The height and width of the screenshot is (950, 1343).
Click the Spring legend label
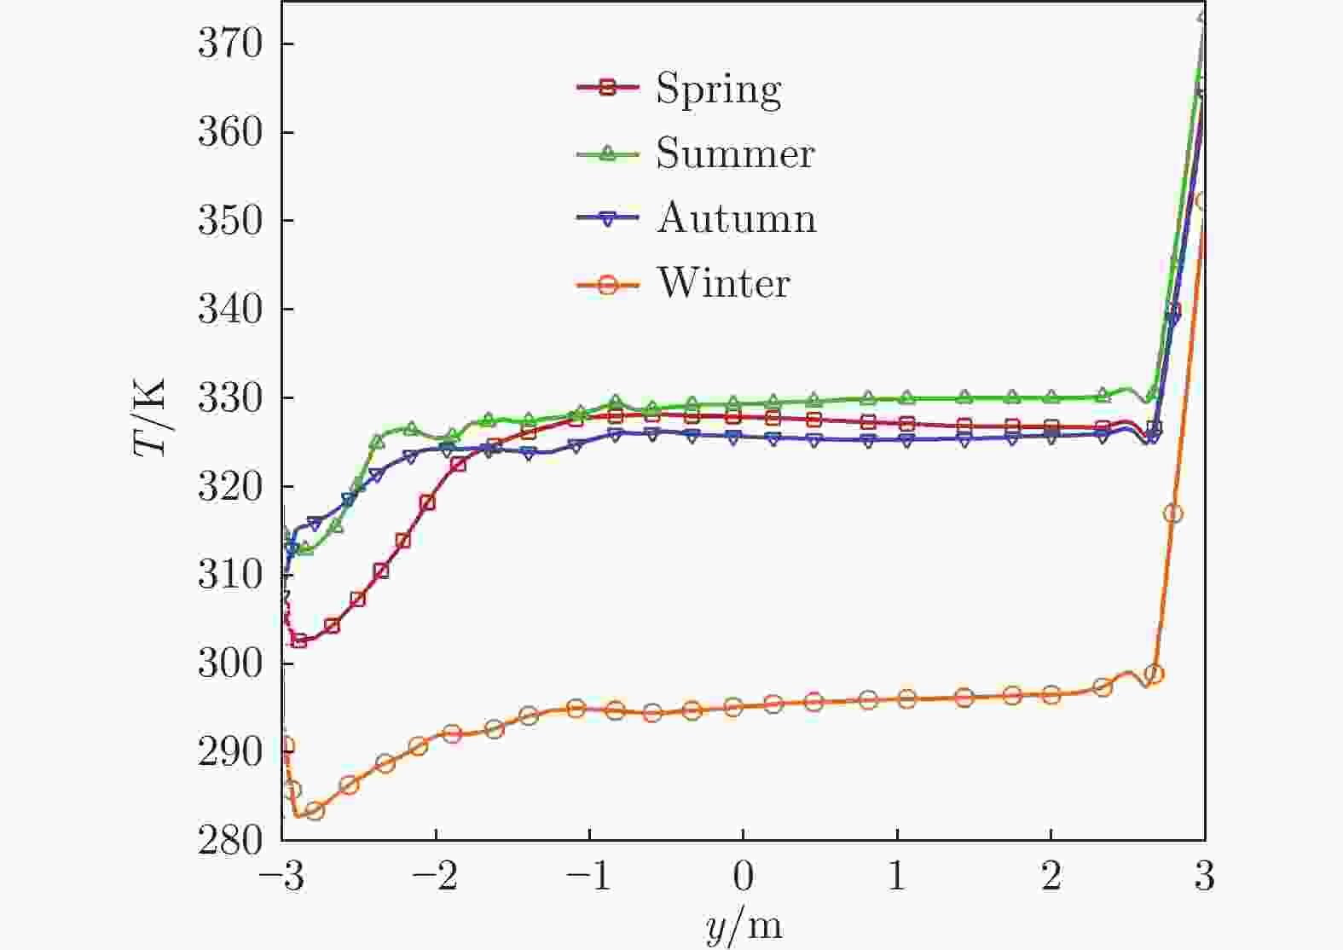coord(718,89)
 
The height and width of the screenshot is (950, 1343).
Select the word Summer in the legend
coord(735,154)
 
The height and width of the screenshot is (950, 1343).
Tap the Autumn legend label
coord(736,218)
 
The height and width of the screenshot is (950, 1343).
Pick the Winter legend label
coord(723,283)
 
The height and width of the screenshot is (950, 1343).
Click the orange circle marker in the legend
coord(607,284)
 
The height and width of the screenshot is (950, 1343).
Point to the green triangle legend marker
coord(607,154)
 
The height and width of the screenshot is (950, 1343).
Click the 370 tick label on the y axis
coord(229,44)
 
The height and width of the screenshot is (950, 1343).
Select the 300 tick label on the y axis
coord(229,663)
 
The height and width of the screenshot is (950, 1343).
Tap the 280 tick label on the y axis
coord(229,841)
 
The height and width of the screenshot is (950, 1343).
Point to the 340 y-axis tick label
coord(229,310)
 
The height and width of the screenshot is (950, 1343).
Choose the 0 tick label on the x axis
coord(743,876)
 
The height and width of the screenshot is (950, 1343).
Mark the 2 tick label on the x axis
coord(1051,876)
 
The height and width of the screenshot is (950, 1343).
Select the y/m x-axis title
coord(744,926)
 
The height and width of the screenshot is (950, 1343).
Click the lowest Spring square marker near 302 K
coord(299,640)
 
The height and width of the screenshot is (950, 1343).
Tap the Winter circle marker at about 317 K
coord(1173,513)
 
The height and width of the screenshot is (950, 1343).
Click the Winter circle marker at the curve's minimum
coord(315,810)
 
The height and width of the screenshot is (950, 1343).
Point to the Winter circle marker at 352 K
coord(1203,201)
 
